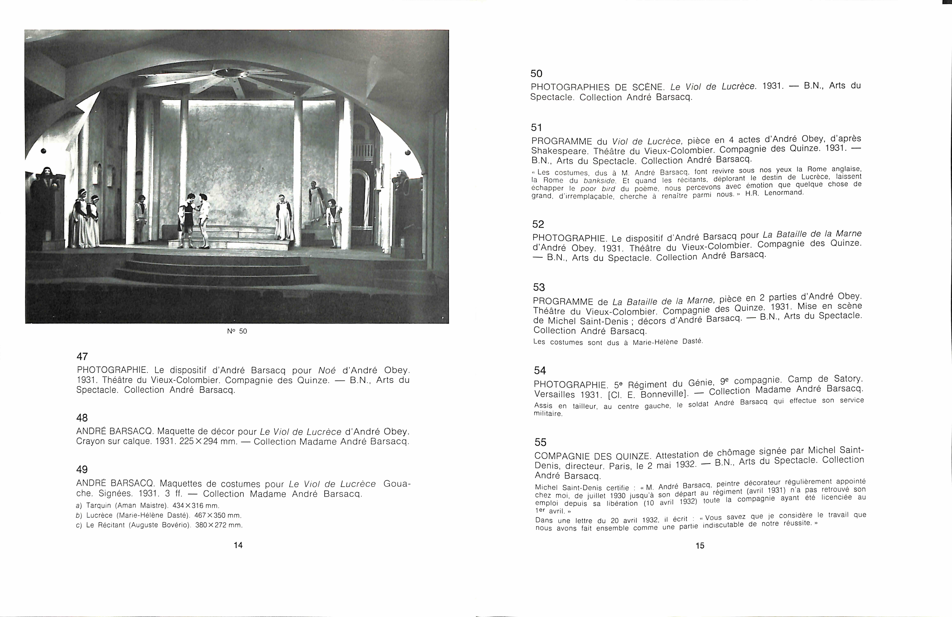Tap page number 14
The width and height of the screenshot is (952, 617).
[x=238, y=545]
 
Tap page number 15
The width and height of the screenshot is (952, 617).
[x=700, y=545]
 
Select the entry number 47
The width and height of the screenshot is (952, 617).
[x=82, y=356]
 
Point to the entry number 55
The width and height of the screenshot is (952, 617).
[x=540, y=442]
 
